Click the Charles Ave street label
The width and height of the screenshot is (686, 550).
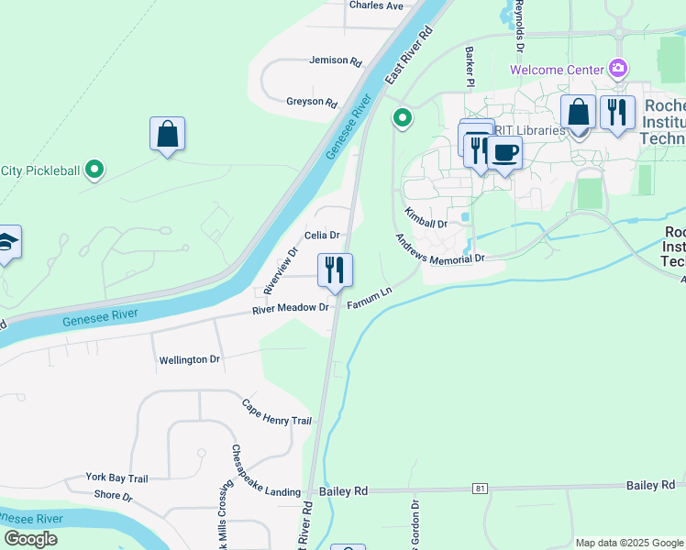(376, 5)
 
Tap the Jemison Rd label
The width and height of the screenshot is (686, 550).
(336, 60)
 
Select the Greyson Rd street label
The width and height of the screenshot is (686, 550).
(311, 102)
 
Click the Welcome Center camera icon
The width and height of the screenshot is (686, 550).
(618, 68)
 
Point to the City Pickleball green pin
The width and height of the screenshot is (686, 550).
(94, 170)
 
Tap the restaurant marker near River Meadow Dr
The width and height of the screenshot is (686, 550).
(335, 270)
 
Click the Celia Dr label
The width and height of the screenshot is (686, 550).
(322, 236)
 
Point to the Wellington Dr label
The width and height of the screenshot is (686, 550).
(189, 360)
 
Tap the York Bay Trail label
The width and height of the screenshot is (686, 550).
(116, 478)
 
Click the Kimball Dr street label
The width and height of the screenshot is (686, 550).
(426, 218)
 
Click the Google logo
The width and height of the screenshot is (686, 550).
(29, 539)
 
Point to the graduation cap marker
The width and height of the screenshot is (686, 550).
(7, 243)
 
